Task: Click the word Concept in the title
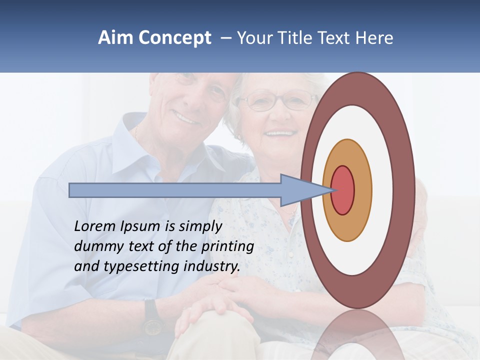point(174,38)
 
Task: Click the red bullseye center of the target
point(343,190)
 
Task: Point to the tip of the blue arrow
point(333,190)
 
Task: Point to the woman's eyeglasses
point(277,100)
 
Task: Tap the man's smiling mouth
point(185,118)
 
